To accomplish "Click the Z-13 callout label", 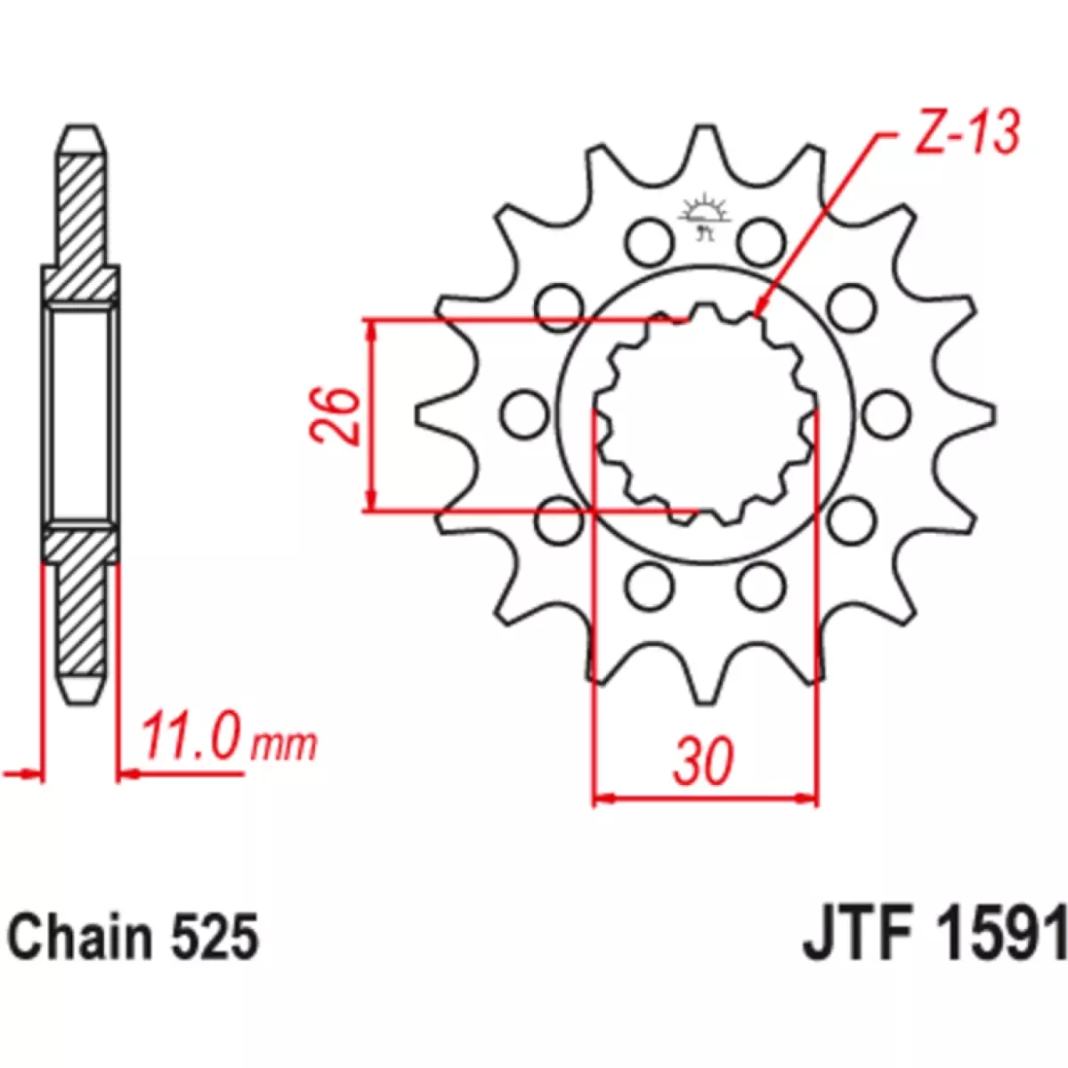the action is tap(967, 134).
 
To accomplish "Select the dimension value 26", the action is tap(335, 415).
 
